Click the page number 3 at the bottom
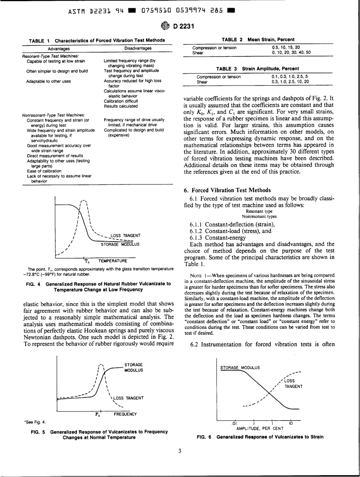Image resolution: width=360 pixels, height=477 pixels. (x=180, y=461)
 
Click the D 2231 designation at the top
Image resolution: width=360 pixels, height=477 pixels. (x=185, y=26)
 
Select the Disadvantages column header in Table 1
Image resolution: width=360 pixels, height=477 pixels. (x=138, y=48)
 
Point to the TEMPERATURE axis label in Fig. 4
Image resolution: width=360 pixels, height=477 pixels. (x=111, y=261)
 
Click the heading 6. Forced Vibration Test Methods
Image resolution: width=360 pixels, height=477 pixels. (x=227, y=190)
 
